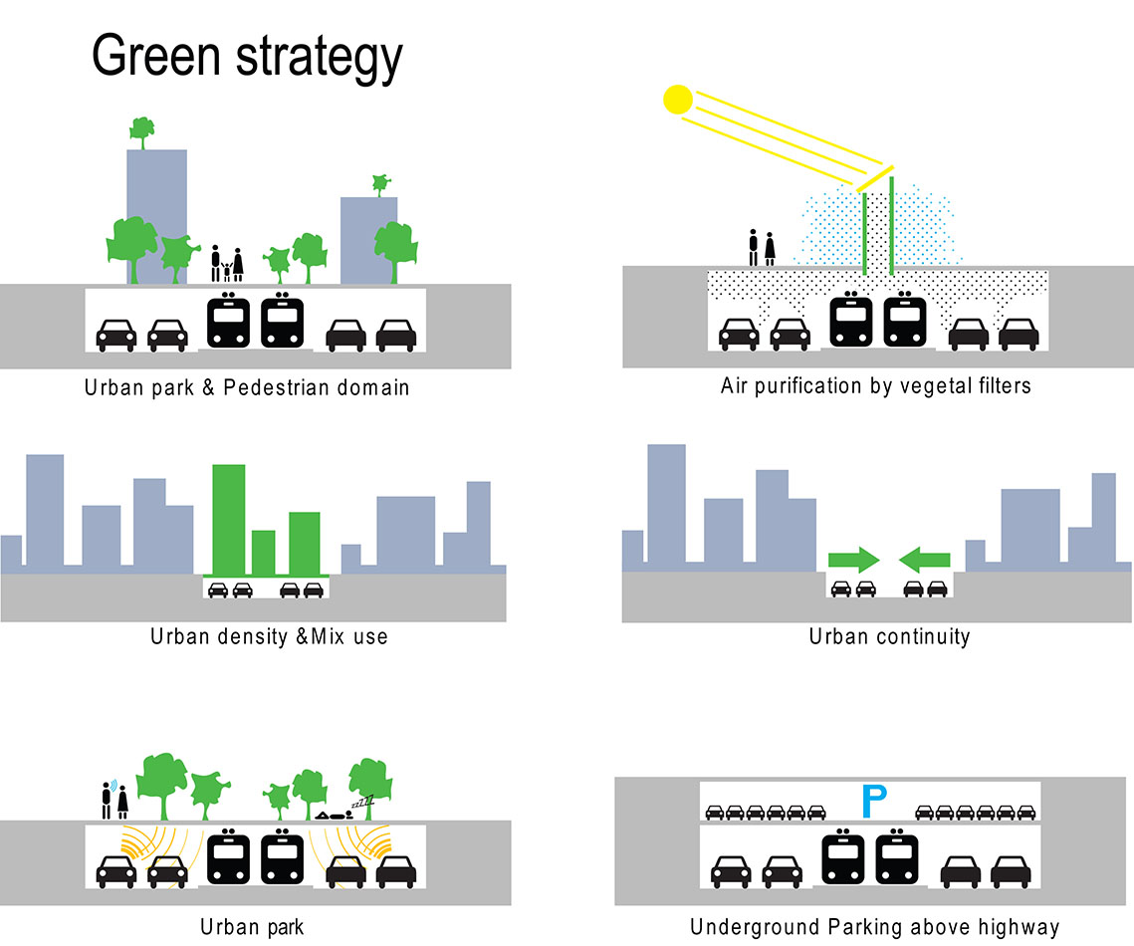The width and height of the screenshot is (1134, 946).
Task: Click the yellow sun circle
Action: [677, 100]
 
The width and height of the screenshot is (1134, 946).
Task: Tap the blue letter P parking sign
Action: [873, 800]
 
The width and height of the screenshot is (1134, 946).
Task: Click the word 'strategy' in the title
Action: [320, 57]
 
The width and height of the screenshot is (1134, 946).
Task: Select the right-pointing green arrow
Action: [853, 560]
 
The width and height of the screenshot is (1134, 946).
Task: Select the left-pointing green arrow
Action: [925, 560]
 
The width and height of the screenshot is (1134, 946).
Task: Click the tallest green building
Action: [228, 518]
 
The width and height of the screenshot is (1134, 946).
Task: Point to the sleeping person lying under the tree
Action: [337, 814]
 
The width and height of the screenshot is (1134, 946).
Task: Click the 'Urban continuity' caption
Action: [889, 637]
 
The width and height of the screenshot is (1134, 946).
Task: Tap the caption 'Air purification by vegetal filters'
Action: [875, 385]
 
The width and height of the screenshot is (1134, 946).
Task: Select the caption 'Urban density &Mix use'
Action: [269, 635]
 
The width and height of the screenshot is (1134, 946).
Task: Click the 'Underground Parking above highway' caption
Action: [874, 928]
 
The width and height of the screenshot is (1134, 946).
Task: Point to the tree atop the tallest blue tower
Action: [141, 129]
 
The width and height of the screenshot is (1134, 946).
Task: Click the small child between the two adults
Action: [226, 271]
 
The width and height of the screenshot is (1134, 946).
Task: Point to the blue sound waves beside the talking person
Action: [113, 784]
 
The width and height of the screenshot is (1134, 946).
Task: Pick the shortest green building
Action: [263, 553]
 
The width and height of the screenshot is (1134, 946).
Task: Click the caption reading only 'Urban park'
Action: [252, 928]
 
